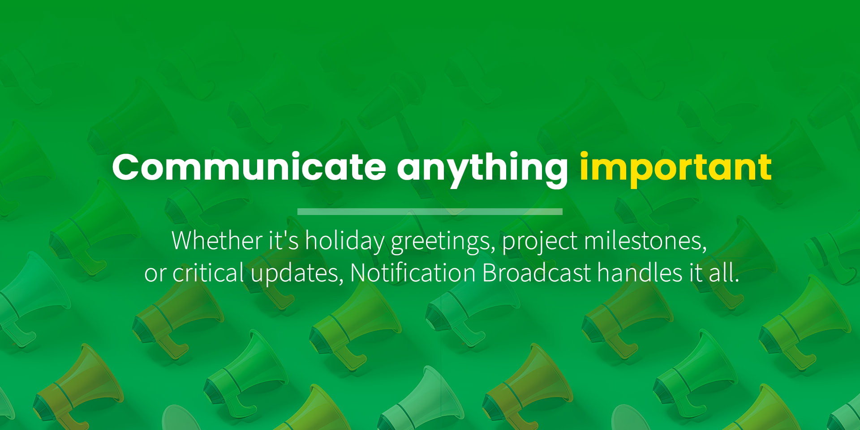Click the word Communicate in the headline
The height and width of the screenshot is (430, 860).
(x=249, y=167)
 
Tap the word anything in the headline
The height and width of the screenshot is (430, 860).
(x=482, y=170)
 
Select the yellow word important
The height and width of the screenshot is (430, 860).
(x=675, y=170)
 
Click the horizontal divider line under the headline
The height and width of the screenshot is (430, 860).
(x=430, y=211)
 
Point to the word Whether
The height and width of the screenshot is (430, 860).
(x=217, y=240)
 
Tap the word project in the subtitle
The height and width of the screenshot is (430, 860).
(x=540, y=242)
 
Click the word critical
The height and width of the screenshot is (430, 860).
(x=208, y=272)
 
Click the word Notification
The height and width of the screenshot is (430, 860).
(x=413, y=272)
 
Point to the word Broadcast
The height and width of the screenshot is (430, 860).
(x=537, y=272)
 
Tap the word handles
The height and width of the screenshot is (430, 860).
(x=640, y=272)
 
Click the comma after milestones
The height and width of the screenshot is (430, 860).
(x=704, y=249)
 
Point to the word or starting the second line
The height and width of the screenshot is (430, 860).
(x=155, y=274)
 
